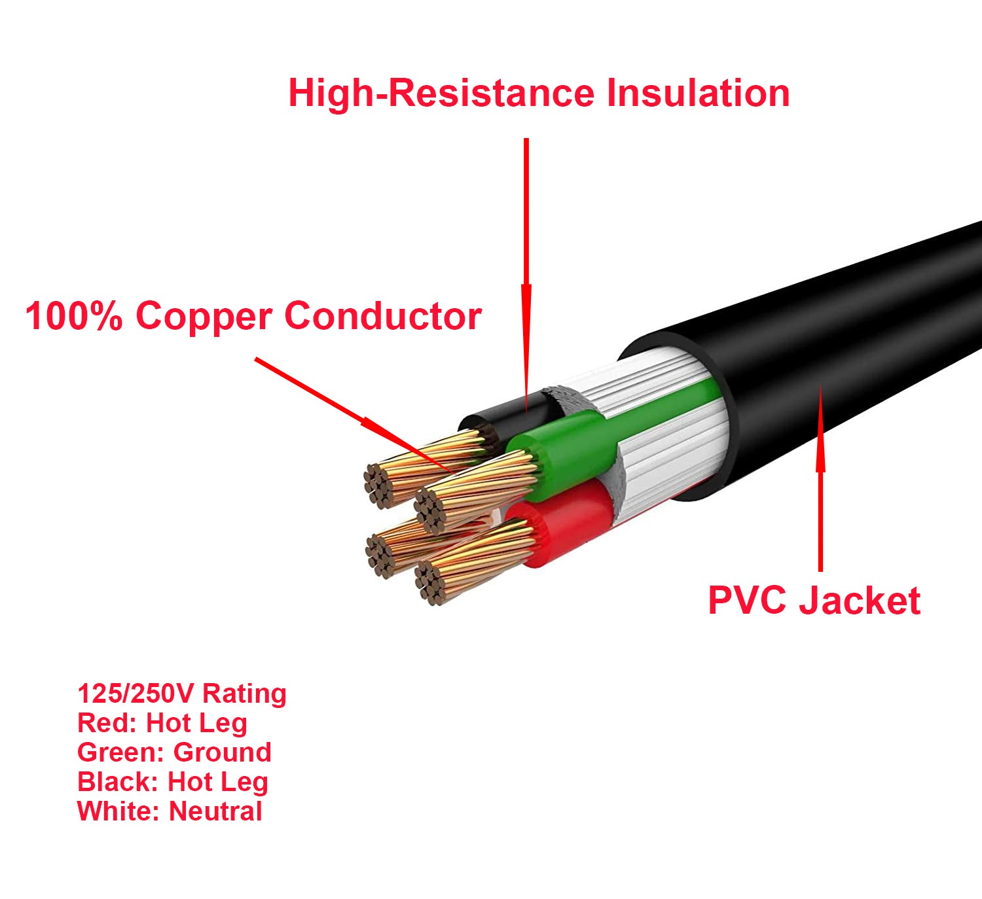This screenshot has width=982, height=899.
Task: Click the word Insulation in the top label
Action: [x=698, y=93]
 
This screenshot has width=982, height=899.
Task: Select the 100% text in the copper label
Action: [x=73, y=316]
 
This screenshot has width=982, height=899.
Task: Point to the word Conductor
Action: [x=383, y=316]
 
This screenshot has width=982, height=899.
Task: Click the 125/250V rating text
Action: [x=181, y=694]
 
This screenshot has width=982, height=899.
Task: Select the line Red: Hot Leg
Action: [x=162, y=723]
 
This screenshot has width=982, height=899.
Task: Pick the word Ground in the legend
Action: [x=222, y=752]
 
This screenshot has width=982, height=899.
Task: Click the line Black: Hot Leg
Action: [x=172, y=782]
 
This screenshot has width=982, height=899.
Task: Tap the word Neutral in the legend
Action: [x=215, y=811]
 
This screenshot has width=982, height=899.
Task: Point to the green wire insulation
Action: [x=576, y=442]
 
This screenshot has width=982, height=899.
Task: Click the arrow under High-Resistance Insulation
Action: [x=526, y=275]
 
